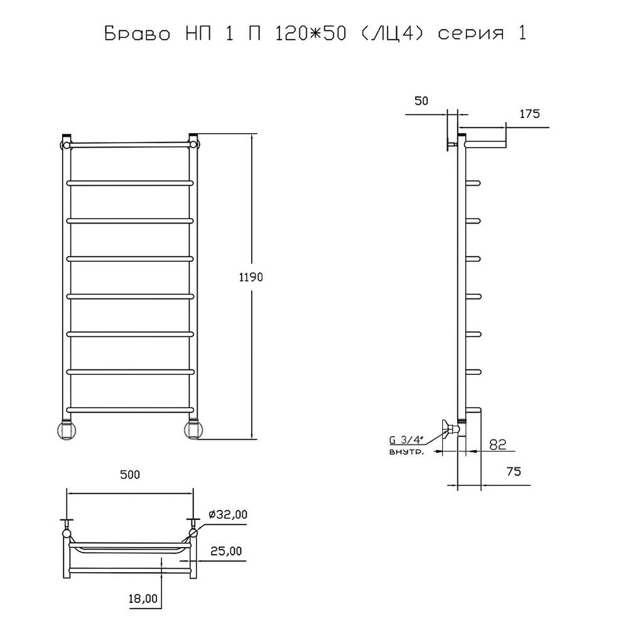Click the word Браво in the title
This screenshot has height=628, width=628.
pyautogui.click(x=138, y=34)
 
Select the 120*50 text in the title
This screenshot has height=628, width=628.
pyautogui.click(x=310, y=33)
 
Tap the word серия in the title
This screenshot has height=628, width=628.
pyautogui.click(x=470, y=35)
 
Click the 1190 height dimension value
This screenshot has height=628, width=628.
pyautogui.click(x=251, y=277)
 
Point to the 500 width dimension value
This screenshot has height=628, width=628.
pyautogui.click(x=130, y=475)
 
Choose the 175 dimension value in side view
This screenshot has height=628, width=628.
pyautogui.click(x=529, y=114)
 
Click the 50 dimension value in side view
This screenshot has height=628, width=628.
pyautogui.click(x=421, y=101)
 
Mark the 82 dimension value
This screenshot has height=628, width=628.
pyautogui.click(x=498, y=445)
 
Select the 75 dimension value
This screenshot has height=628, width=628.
pyautogui.click(x=514, y=472)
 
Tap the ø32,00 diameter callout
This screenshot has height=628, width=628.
pyautogui.click(x=227, y=514)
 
